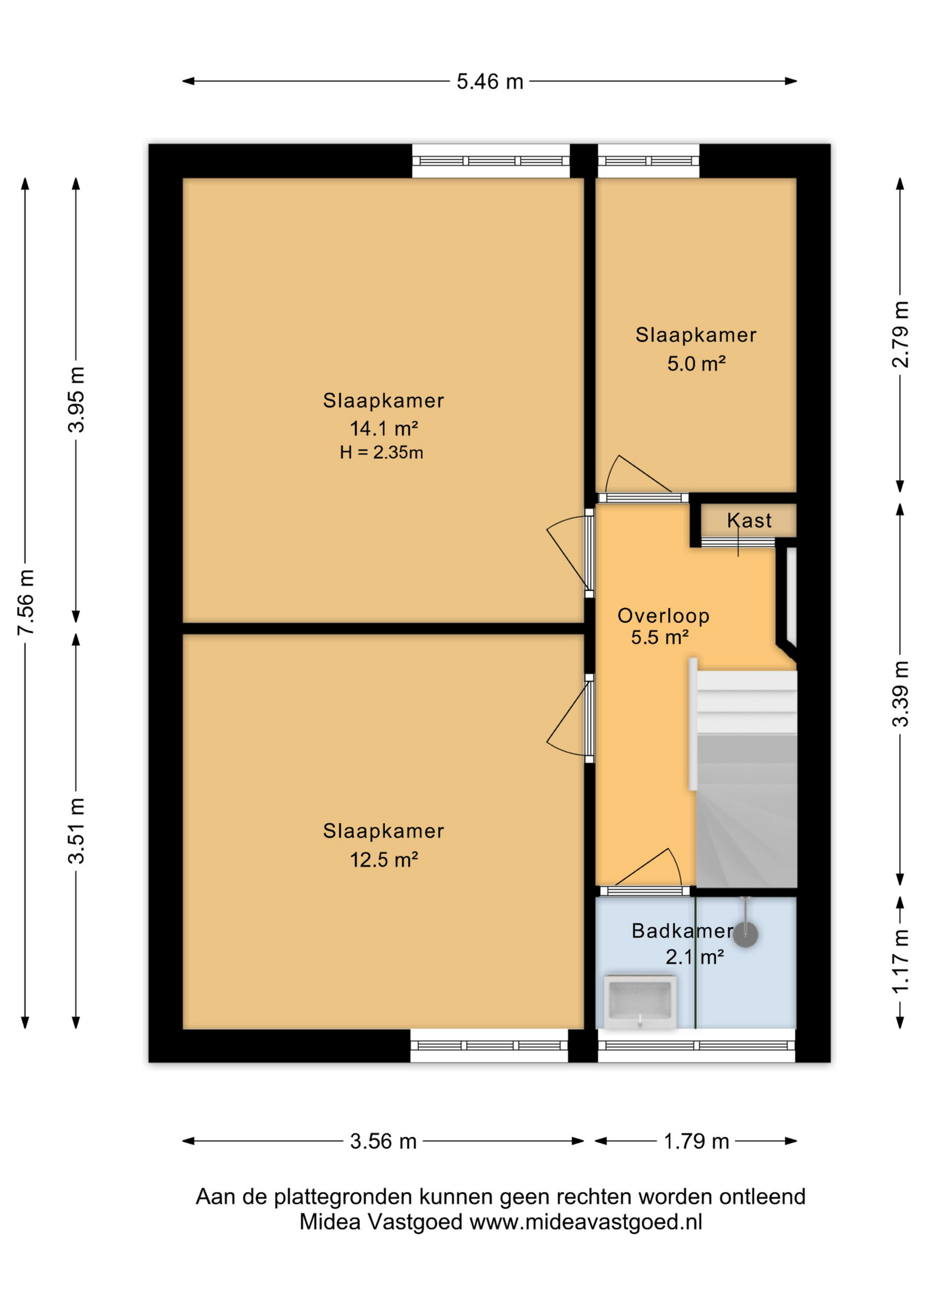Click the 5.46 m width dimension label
point(490,82)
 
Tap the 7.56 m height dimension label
point(25,602)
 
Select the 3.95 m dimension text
point(76,400)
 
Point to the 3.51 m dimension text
point(76,831)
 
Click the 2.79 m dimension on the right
point(900,334)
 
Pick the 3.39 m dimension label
point(900,694)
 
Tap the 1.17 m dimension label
point(900,961)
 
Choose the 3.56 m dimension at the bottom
point(383,1142)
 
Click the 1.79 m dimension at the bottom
point(696,1142)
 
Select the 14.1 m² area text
point(383,428)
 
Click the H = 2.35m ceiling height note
point(381,453)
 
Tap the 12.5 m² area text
point(383,860)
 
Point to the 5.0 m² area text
point(696,364)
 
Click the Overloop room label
point(663,616)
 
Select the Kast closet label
point(749,521)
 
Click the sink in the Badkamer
point(640,1001)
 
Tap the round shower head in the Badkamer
point(746,935)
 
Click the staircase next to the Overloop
point(746,779)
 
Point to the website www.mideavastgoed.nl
point(586,1222)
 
